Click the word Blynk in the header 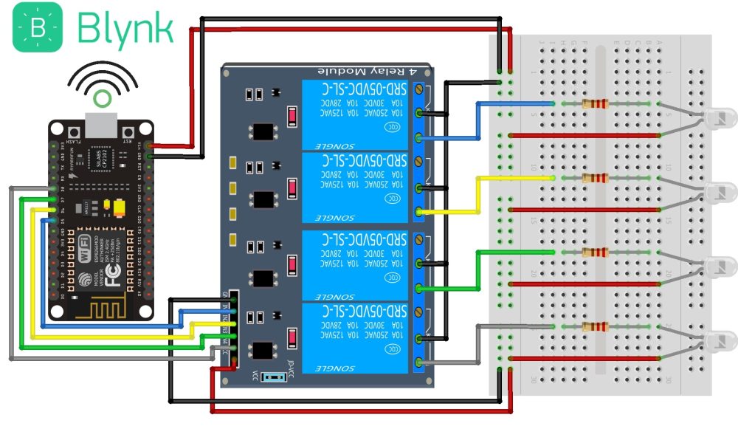[125, 29]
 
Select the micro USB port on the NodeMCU [101, 125]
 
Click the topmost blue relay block [355, 114]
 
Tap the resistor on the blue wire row [595, 104]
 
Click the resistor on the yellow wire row [595, 178]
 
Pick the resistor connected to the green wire [595, 253]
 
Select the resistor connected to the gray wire [595, 326]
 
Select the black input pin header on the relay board [233, 329]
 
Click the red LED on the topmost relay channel [293, 117]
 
